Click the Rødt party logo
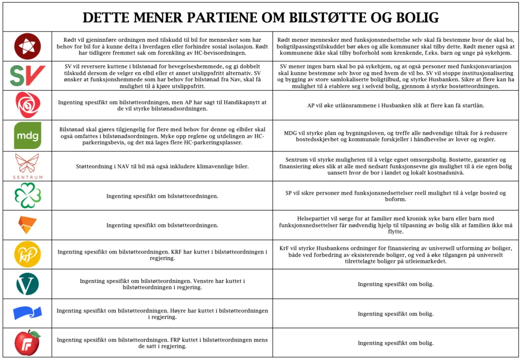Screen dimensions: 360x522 click(27, 46)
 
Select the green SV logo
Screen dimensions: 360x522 click(27, 76)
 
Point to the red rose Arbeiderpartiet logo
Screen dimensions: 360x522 click(27, 105)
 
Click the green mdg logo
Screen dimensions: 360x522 click(27, 136)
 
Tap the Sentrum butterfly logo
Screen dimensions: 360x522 click(27, 166)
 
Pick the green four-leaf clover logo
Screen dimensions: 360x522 click(27, 196)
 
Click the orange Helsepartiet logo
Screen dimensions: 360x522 click(27, 225)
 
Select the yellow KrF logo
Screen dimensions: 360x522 click(27, 254)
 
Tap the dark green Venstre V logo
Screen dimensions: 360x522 click(27, 284)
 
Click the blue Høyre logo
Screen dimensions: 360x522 click(27, 313)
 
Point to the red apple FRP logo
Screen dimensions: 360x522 click(27, 343)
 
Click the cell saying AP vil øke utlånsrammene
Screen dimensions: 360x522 click(396, 106)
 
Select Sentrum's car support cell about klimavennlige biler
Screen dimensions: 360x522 click(162, 166)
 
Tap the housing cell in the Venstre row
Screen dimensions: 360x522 click(396, 284)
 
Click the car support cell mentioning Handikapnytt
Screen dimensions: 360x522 click(162, 106)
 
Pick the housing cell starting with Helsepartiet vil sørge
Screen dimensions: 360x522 click(396, 225)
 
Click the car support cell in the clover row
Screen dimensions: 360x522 click(162, 196)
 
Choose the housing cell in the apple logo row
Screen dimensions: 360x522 click(396, 343)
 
